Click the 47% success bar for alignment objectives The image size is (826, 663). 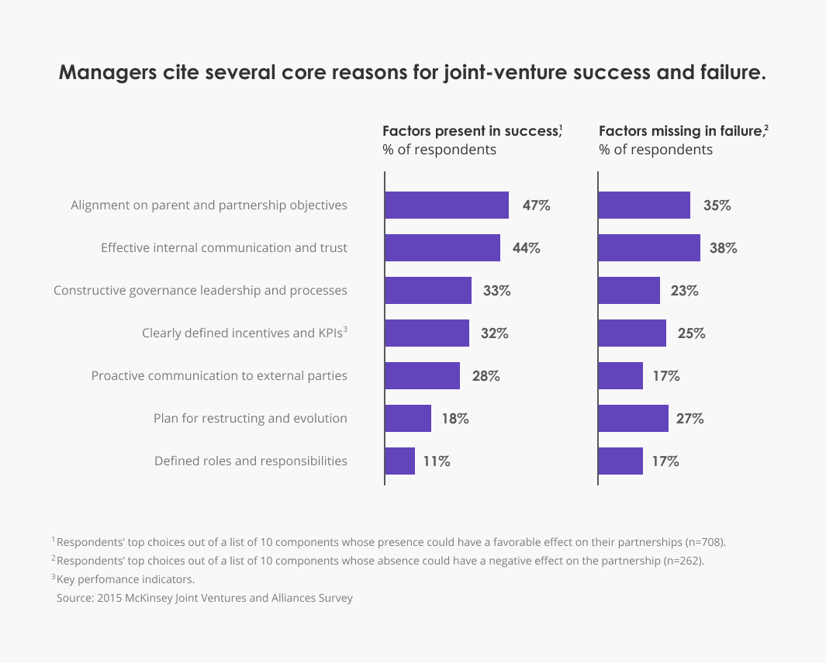pos(447,205)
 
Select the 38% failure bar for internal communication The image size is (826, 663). pos(649,248)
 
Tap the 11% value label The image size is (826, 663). pos(437,461)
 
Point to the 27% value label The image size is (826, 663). pos(689,419)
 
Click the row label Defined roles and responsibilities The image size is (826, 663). pos(251,461)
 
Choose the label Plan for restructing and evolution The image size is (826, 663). pos(250,419)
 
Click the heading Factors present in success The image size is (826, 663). pos(471,131)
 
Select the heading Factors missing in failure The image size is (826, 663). pos(680,131)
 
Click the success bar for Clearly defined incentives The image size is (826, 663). pos(427,333)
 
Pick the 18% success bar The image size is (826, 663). pos(408,419)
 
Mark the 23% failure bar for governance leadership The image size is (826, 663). pos(629,291)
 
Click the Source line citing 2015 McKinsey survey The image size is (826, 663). pos(205,599)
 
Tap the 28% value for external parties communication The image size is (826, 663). pos(486,376)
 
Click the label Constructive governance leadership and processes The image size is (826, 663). pos(200,291)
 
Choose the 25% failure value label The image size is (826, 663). pos(690,333)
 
